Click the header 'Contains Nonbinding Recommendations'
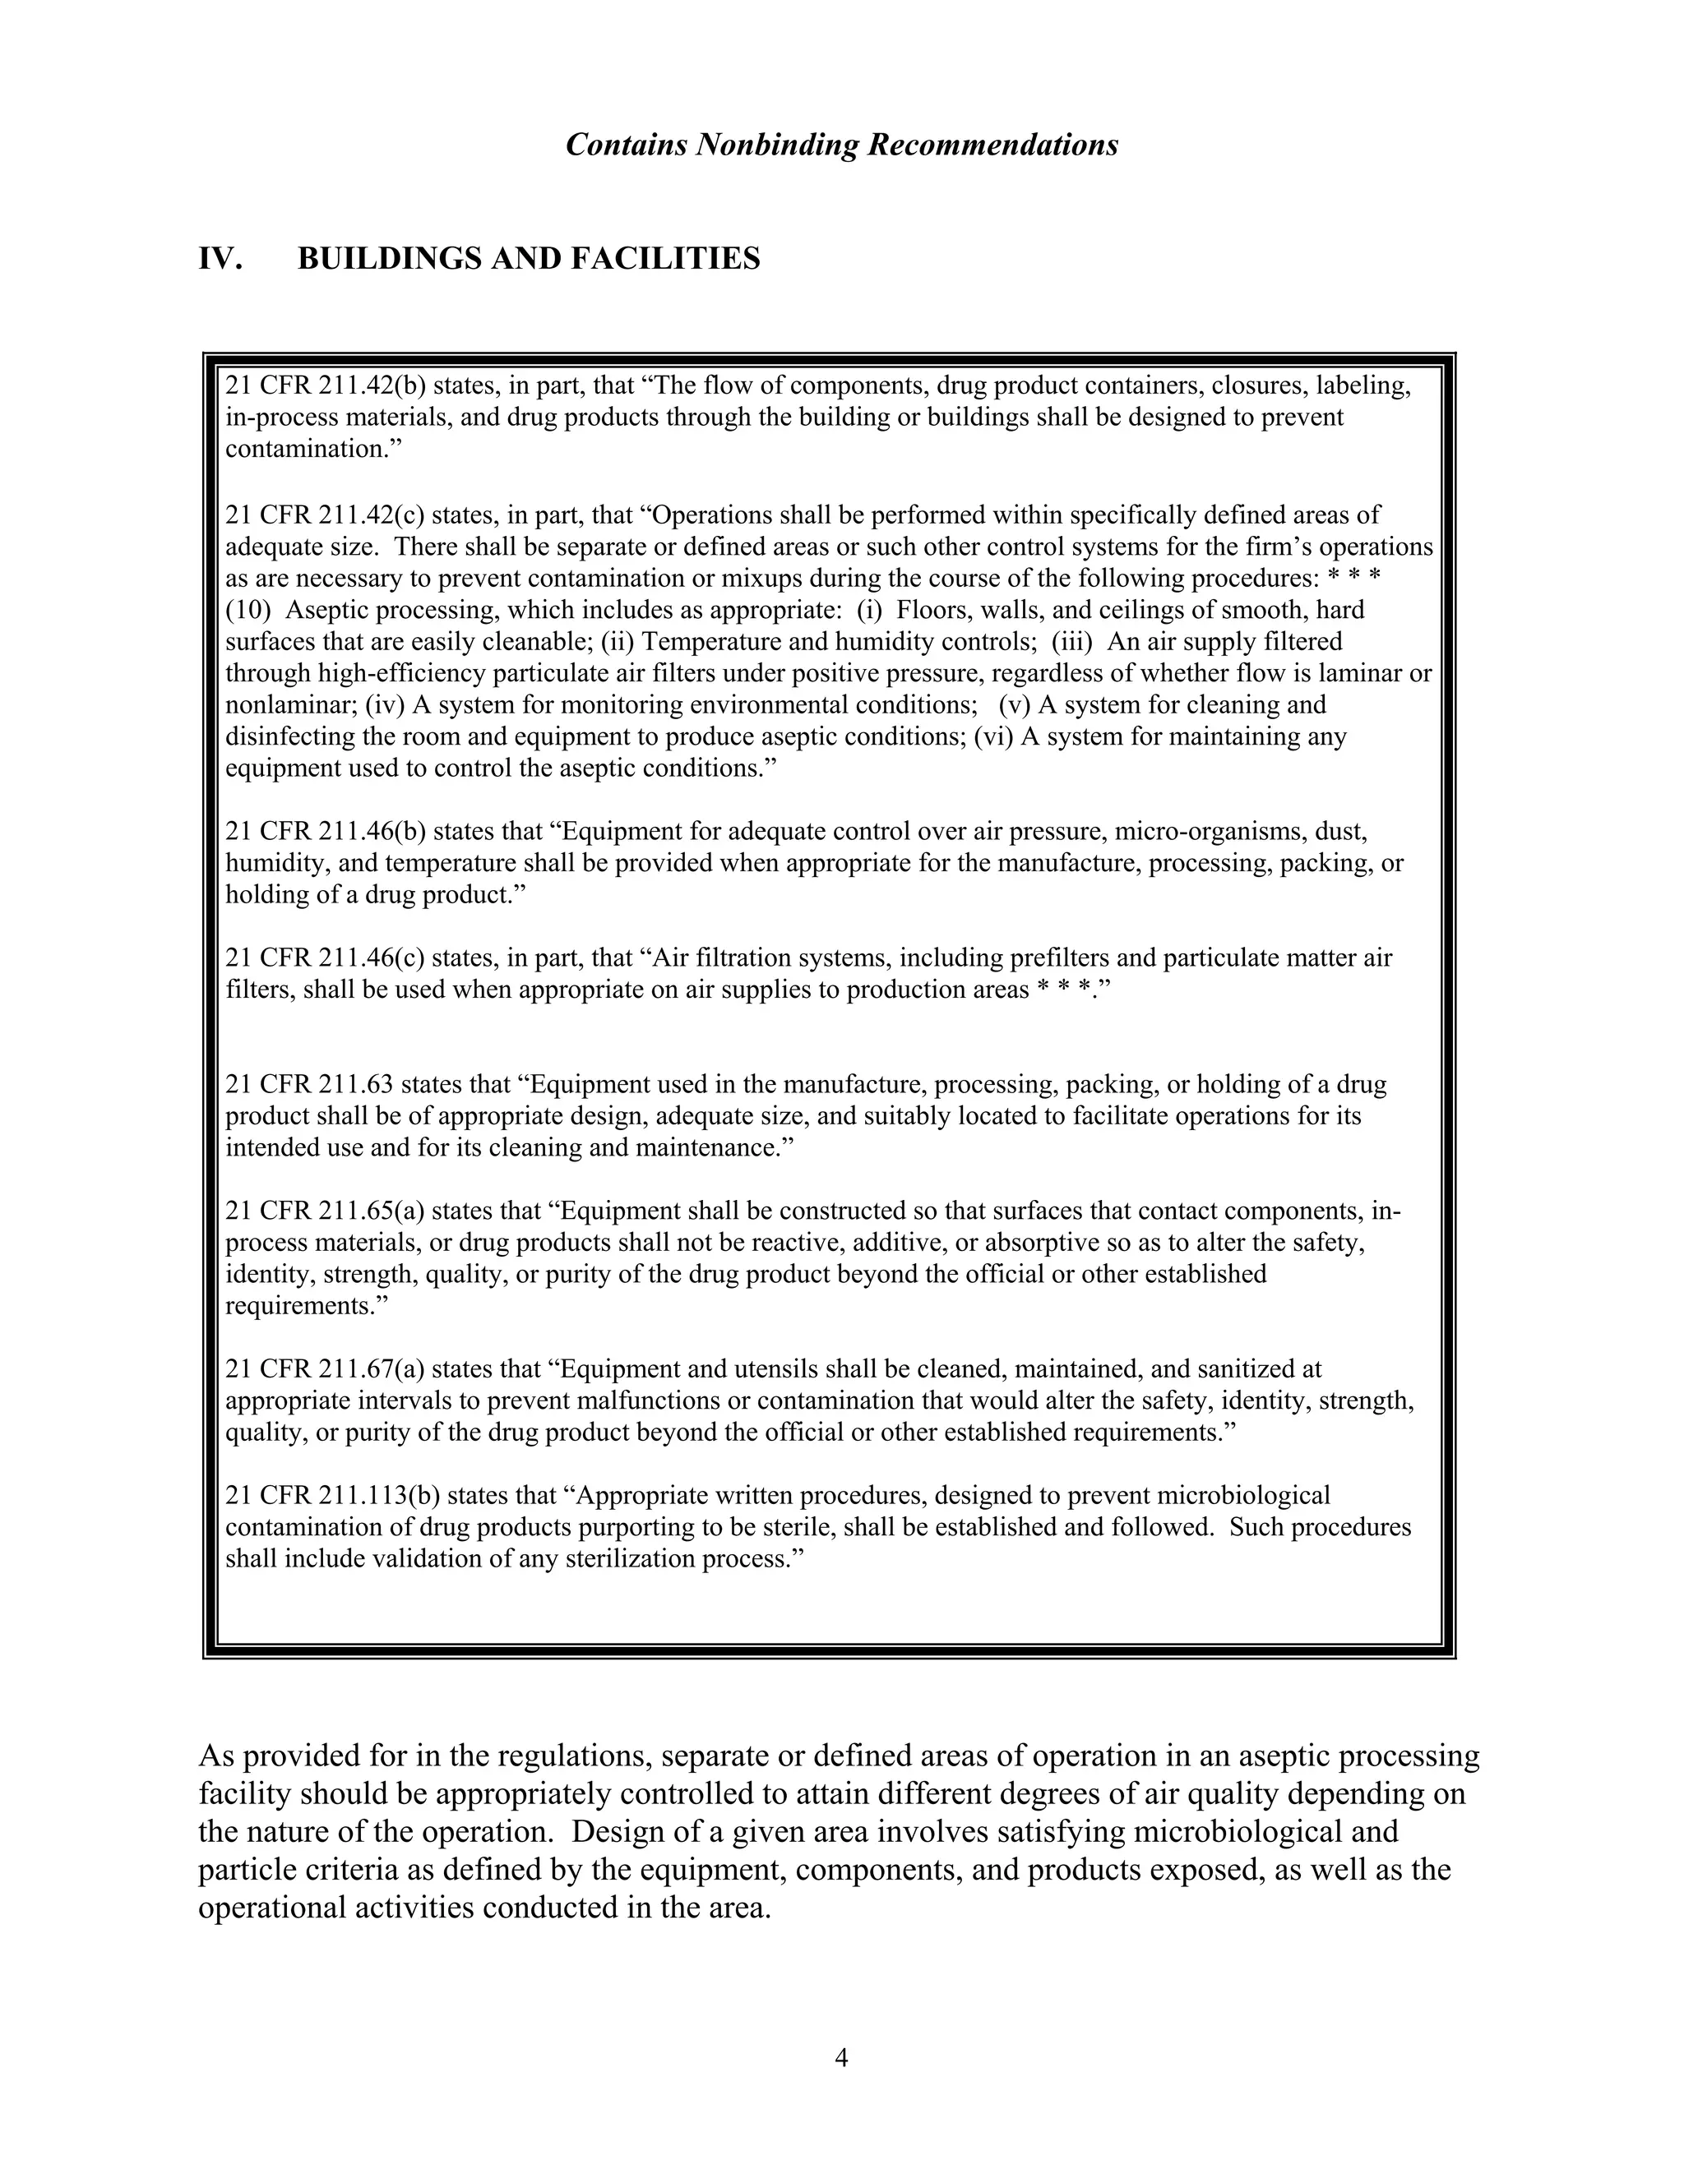pos(841,145)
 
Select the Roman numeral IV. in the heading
pos(220,259)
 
